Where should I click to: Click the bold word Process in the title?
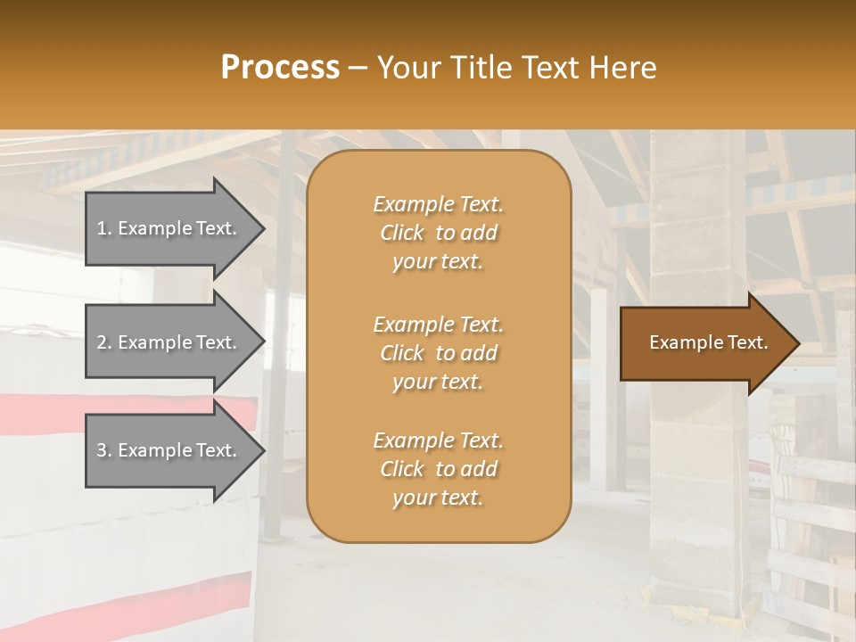click(280, 68)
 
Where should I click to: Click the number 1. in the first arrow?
click(104, 228)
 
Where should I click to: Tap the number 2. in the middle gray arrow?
click(104, 342)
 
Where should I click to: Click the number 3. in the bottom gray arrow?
click(104, 450)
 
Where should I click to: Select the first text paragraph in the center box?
click(438, 233)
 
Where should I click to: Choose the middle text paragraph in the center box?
click(438, 353)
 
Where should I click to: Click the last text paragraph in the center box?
click(438, 469)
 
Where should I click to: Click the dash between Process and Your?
click(358, 68)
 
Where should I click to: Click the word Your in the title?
click(409, 68)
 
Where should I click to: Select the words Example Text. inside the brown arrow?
click(709, 343)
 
